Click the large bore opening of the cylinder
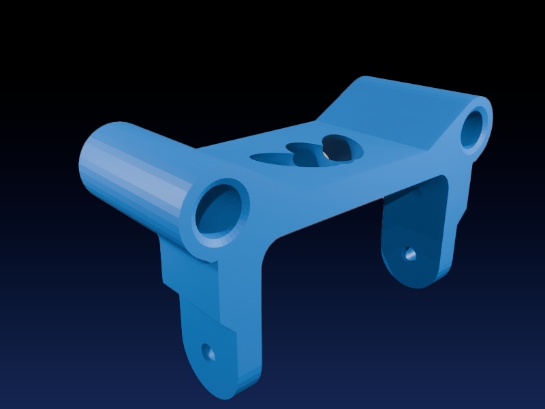219,211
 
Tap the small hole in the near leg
208,352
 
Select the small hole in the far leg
410,254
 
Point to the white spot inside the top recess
326,155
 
